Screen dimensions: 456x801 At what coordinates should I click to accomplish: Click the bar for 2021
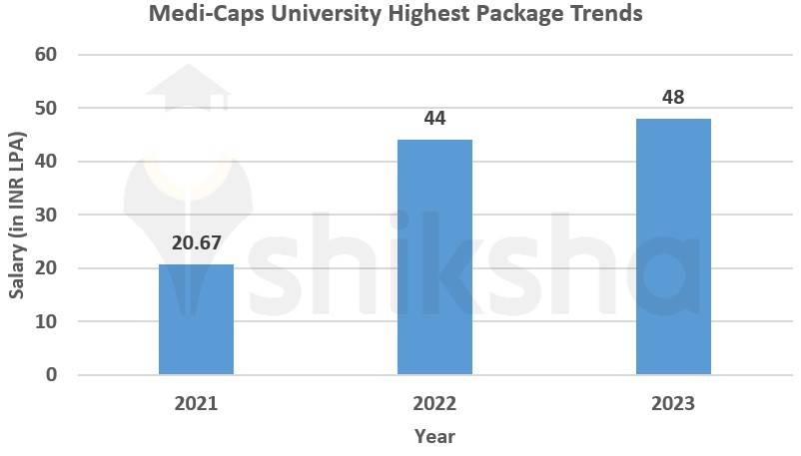(196, 319)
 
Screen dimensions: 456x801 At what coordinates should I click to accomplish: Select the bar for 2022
(434, 257)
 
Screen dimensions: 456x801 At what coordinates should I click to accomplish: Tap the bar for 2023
(673, 246)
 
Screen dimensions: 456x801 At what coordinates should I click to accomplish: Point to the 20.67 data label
(196, 243)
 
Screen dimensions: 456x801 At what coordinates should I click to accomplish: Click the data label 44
(434, 119)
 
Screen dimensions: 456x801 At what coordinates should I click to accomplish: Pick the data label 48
(673, 98)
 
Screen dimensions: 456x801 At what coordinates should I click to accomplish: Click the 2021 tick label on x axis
(196, 404)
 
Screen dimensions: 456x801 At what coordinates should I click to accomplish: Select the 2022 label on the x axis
(434, 404)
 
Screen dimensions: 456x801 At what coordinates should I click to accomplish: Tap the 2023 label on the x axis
(673, 404)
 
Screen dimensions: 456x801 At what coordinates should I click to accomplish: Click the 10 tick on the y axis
(47, 321)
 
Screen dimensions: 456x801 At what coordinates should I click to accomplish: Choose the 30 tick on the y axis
(47, 215)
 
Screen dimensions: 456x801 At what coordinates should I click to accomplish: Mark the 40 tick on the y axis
(47, 162)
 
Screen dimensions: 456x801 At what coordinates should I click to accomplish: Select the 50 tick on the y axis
(47, 108)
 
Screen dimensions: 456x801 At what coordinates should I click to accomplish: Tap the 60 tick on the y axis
(47, 55)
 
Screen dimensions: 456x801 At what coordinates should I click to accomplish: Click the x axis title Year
(434, 436)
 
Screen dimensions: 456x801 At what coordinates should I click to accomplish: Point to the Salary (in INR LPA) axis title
(17, 215)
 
